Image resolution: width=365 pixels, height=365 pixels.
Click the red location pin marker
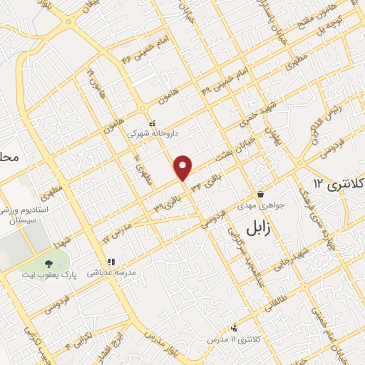click(x=184, y=168)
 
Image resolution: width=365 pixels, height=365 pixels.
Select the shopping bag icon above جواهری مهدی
click(x=260, y=194)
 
